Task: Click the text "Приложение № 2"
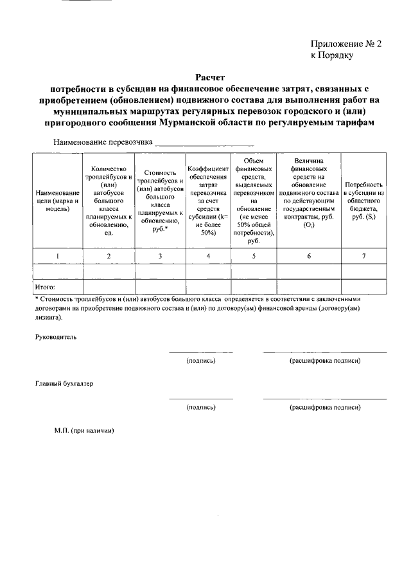point(346,44)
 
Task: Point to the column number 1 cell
point(57,256)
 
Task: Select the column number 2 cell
point(109,256)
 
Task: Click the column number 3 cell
point(160,256)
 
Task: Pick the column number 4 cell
point(208,256)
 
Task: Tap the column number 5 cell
point(253,256)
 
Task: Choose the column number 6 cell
point(309,256)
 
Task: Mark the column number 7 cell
point(363,256)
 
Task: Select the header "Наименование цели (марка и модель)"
point(57,201)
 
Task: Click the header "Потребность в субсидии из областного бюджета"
point(363,201)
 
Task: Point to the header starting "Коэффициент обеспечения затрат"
point(208,201)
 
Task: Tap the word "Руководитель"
point(55,336)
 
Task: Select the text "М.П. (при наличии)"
point(84,430)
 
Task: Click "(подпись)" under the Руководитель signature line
point(200,361)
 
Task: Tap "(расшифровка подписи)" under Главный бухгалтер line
point(324,407)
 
